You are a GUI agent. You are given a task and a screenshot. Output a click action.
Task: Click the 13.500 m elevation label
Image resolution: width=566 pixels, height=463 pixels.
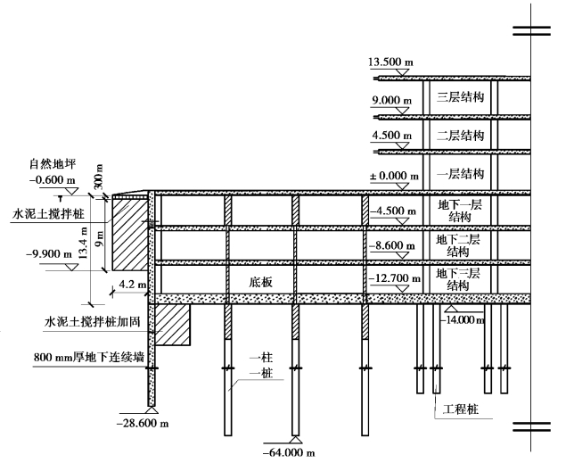pos(390,62)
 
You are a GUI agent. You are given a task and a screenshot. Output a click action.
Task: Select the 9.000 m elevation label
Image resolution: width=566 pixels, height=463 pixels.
pos(390,100)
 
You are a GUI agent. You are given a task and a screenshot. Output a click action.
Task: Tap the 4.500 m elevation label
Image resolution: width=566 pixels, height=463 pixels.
pos(390,136)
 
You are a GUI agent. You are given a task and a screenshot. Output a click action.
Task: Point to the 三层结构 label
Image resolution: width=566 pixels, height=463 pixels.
pos(460,98)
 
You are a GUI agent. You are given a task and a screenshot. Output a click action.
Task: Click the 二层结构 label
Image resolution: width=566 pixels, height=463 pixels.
pos(460,136)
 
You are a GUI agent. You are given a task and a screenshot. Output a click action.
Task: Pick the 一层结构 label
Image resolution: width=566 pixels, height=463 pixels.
pos(460,173)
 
